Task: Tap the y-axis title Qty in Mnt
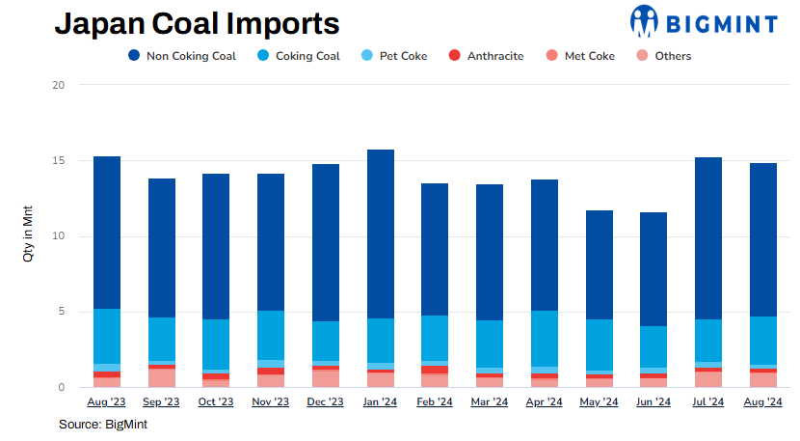point(30,235)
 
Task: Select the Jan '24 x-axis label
point(380,402)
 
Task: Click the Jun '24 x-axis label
point(654,402)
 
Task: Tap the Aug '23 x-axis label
point(106,402)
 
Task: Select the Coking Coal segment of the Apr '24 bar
point(545,339)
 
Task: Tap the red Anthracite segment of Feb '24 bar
point(435,370)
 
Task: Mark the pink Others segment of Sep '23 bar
point(161,378)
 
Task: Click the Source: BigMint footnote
point(103,425)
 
